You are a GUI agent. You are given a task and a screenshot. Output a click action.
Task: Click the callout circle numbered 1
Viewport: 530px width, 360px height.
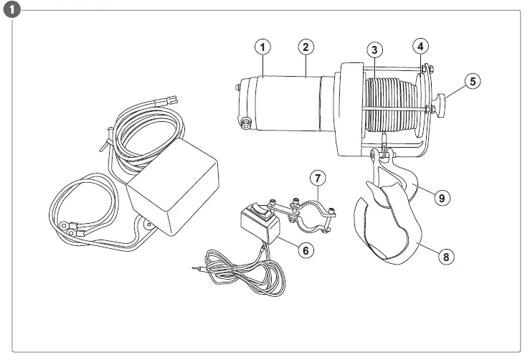tap(263, 47)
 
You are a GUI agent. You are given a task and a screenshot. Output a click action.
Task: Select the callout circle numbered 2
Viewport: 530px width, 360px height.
tap(306, 47)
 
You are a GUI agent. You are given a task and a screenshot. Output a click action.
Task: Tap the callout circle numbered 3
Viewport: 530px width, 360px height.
tap(374, 50)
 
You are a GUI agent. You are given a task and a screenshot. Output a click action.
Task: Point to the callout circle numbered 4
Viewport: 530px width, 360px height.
tap(421, 45)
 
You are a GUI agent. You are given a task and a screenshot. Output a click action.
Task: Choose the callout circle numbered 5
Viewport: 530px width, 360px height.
tap(472, 81)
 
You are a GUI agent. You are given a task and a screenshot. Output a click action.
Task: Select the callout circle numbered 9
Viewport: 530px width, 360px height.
tap(443, 196)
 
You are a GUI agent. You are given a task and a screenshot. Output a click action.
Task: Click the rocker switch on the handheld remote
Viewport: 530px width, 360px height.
tap(257, 212)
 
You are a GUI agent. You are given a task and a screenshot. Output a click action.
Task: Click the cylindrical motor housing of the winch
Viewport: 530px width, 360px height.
tap(287, 104)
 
